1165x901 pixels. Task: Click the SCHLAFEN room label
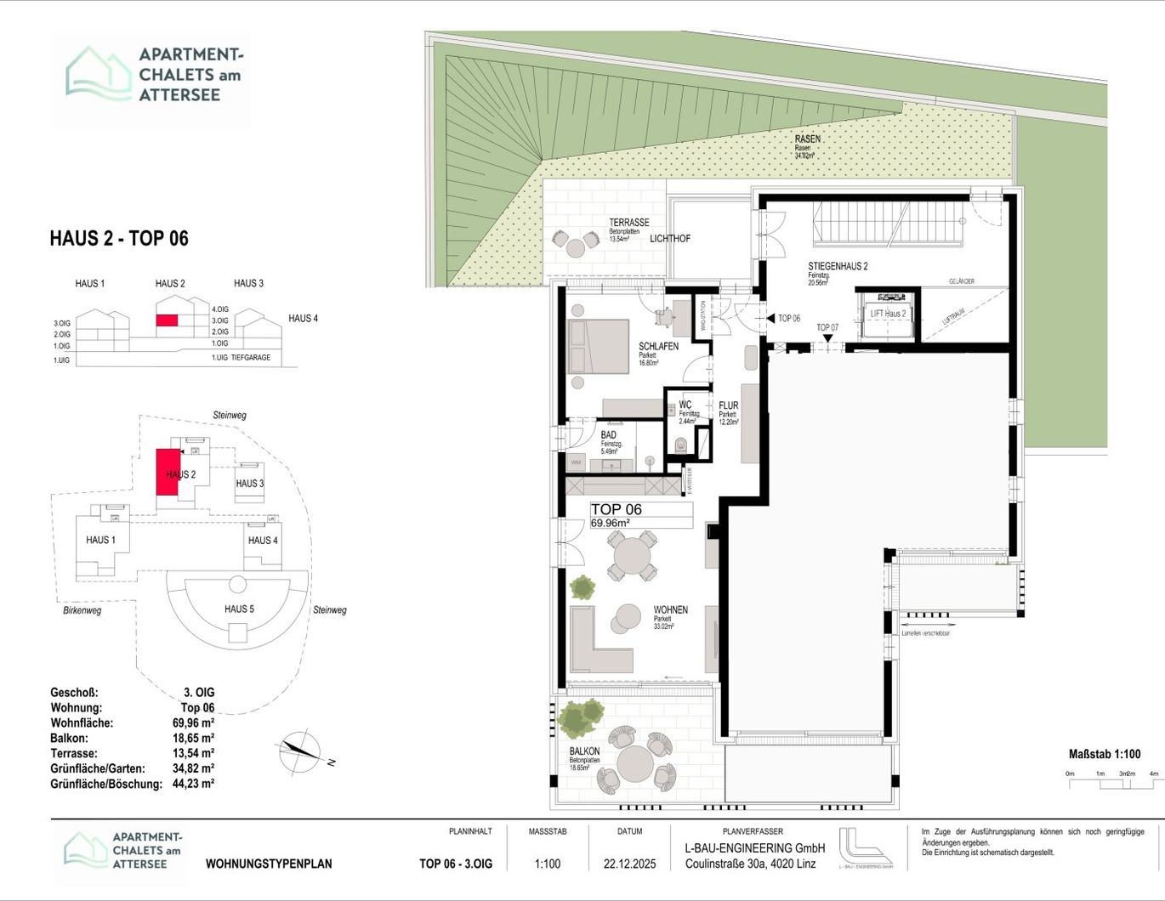coord(658,347)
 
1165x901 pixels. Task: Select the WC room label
coord(685,405)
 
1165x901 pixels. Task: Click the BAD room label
coord(608,435)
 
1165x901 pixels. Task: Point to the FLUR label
coord(728,406)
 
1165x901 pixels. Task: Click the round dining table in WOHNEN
coord(632,558)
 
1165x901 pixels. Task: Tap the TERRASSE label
coord(628,223)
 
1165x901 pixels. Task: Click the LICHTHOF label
coord(670,239)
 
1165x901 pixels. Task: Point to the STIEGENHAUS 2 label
coord(838,267)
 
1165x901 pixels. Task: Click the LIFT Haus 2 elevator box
coord(888,314)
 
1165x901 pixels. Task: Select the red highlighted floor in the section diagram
coord(167,320)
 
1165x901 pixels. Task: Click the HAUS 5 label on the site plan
coord(239,609)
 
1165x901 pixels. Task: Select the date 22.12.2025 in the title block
coord(629,864)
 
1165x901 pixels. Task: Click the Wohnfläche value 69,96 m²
coord(193,723)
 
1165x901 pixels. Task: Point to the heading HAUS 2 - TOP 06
coord(119,239)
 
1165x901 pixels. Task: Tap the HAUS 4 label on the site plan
coord(263,541)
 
